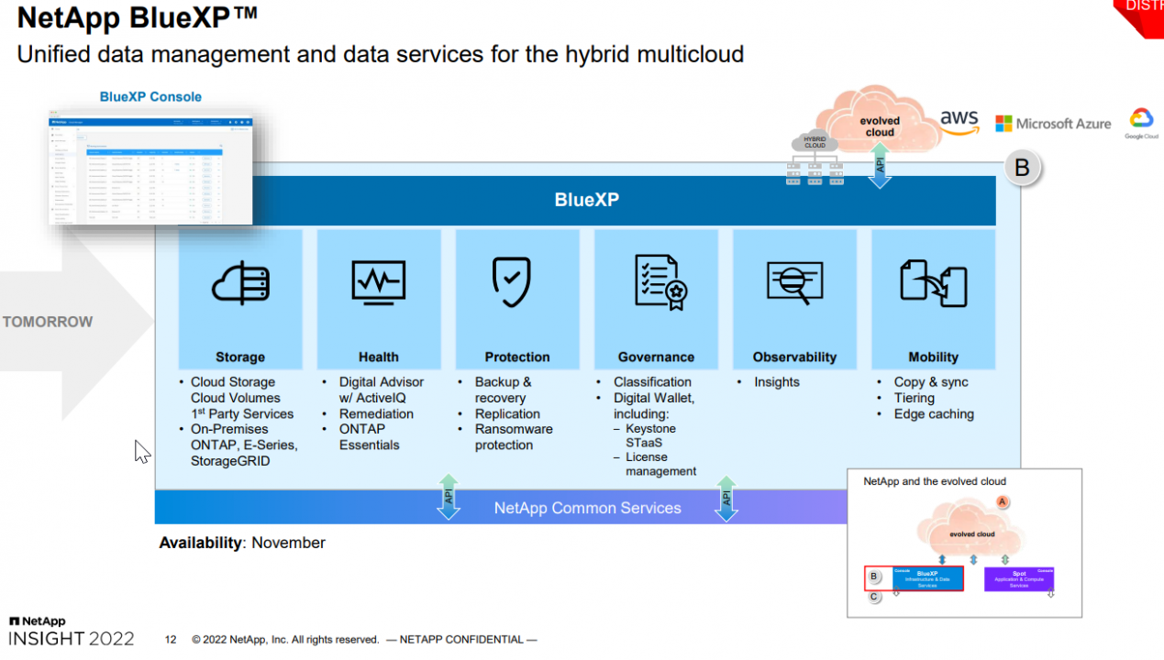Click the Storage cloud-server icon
click(240, 283)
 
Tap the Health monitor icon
click(378, 282)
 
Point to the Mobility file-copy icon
click(933, 282)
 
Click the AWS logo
click(959, 122)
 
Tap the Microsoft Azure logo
click(1053, 124)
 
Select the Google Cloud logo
click(1141, 123)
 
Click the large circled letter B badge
click(1022, 169)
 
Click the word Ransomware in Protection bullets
click(514, 429)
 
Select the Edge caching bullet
click(934, 414)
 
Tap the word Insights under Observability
click(777, 382)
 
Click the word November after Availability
click(288, 543)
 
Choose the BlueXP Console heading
click(150, 97)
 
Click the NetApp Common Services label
click(587, 508)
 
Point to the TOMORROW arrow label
click(48, 322)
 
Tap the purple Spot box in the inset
click(1018, 578)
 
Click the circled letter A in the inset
click(1003, 501)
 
